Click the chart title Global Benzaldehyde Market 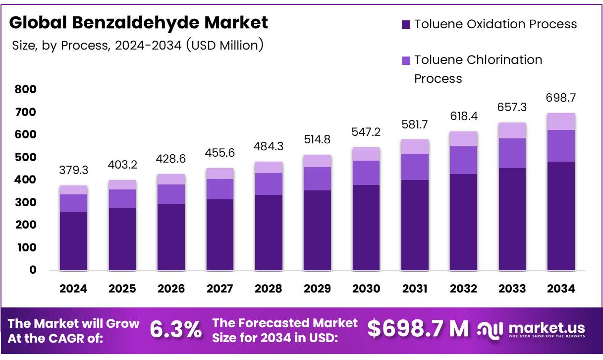pos(138,22)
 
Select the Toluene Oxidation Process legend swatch pos(406,24)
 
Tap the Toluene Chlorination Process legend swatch pos(406,60)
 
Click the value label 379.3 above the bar pos(73,171)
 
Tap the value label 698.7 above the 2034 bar pos(561,98)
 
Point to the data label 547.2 pos(366,132)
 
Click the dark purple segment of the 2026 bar pos(171,237)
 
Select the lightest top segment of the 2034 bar pos(561,121)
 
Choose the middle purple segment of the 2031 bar pos(415,167)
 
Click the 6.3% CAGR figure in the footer pos(175,329)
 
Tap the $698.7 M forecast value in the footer pos(418,329)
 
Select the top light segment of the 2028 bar pos(269,167)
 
